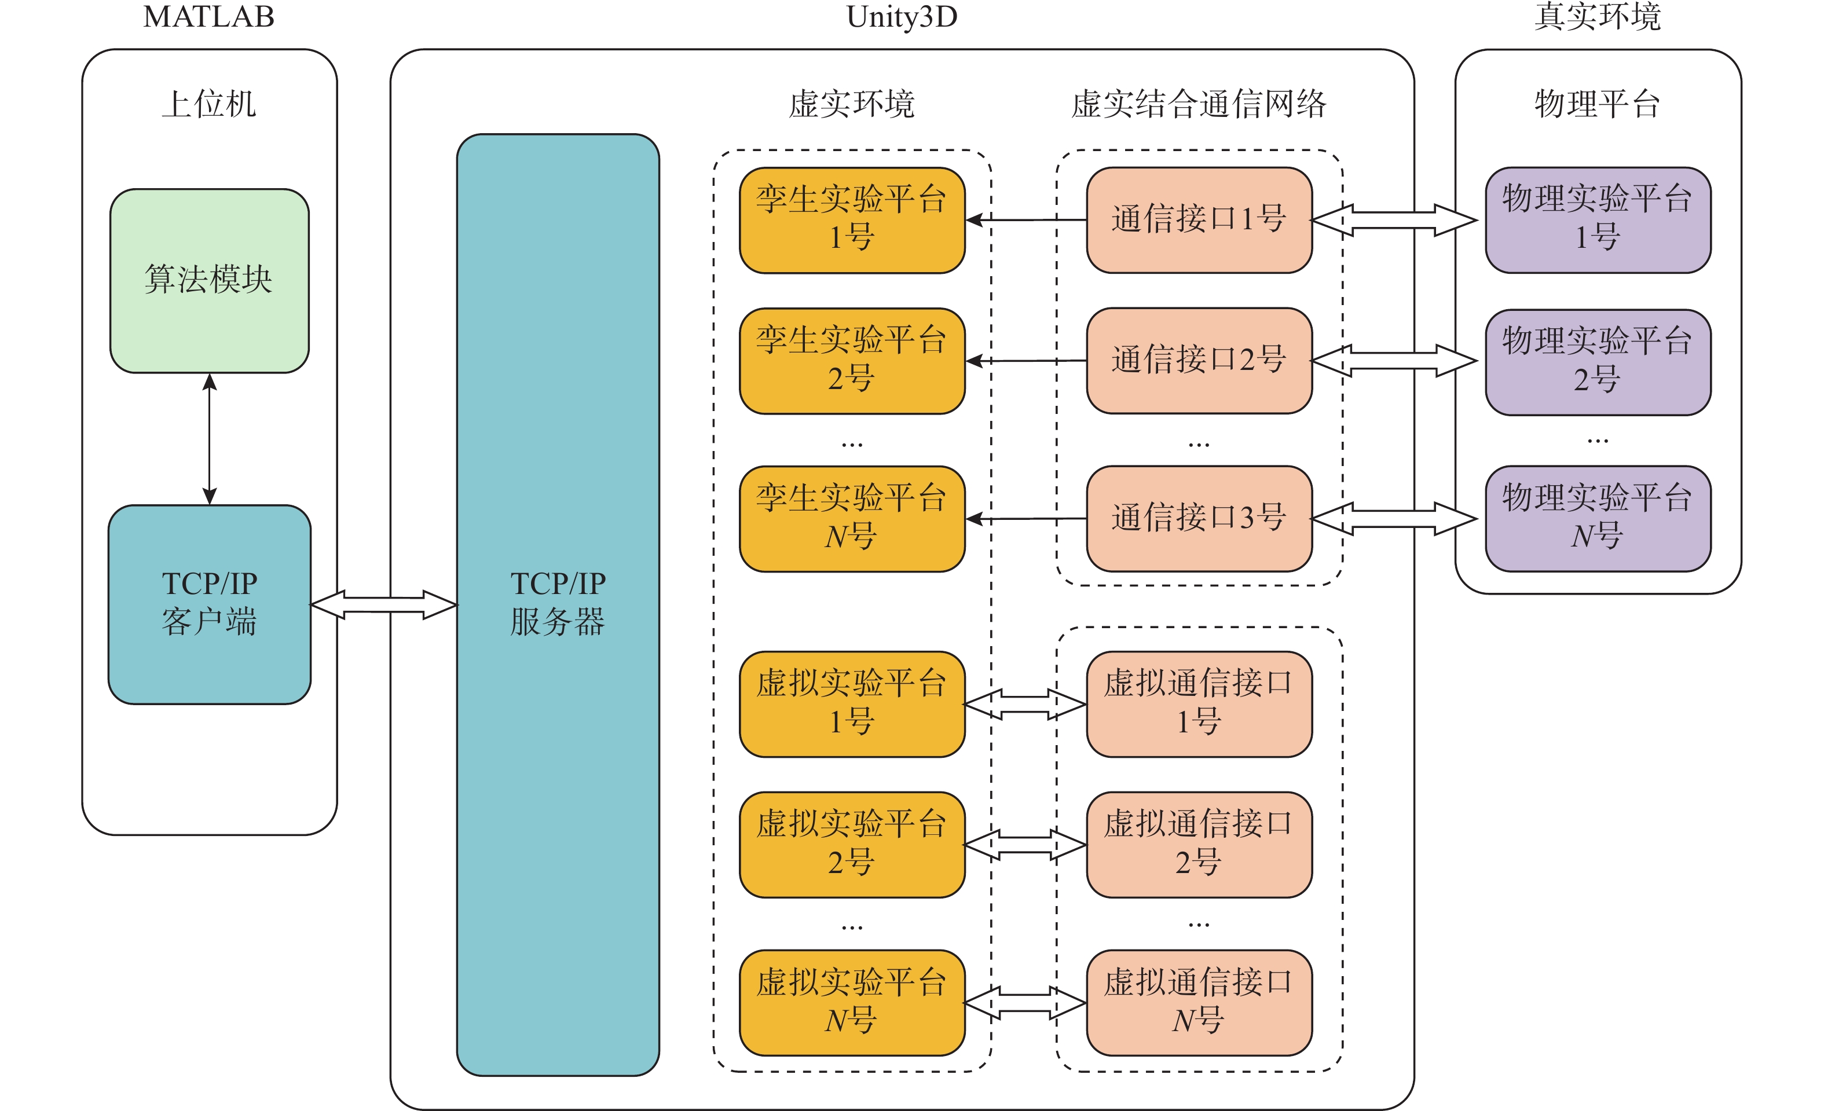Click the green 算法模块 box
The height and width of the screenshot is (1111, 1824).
point(210,281)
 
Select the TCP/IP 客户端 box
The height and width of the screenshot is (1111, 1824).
point(210,604)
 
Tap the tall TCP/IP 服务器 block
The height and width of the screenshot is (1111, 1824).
point(558,604)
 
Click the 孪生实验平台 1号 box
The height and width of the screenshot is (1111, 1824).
point(852,220)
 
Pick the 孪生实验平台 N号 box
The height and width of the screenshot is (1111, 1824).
point(852,518)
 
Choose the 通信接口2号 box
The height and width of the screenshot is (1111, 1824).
point(1199,361)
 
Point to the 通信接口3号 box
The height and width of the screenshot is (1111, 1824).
point(1199,518)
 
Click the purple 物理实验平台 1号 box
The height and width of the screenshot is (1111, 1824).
point(1598,220)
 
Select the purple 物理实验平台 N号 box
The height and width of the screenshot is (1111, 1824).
point(1598,518)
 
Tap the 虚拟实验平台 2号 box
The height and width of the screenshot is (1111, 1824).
point(852,845)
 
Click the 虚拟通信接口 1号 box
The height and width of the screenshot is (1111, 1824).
point(1199,704)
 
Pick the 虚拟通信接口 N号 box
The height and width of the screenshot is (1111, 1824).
point(1199,1003)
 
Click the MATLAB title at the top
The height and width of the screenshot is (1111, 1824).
point(209,16)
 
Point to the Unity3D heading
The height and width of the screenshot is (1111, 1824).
point(902,16)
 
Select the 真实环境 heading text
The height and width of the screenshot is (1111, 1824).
point(1598,16)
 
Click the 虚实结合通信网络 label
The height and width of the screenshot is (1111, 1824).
point(1199,104)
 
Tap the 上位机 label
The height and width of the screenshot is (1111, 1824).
point(209,104)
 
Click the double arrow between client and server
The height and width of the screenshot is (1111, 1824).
point(384,604)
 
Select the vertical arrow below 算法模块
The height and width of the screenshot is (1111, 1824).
point(210,439)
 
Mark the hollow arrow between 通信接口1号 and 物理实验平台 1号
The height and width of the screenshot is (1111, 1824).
point(1395,220)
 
